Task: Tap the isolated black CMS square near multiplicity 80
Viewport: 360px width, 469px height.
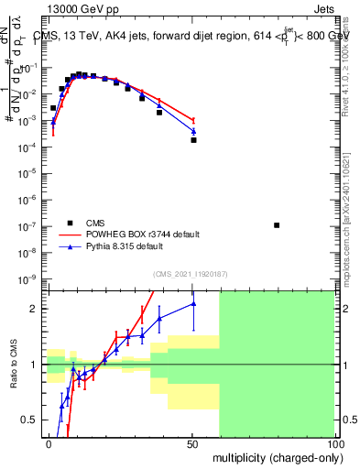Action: (x=278, y=225)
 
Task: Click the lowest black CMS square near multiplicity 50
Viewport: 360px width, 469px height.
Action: (x=193, y=140)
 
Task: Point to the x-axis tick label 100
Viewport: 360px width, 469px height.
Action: (x=334, y=443)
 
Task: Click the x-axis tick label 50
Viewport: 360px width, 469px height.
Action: (x=191, y=443)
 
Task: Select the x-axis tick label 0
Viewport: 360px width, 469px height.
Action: (x=49, y=443)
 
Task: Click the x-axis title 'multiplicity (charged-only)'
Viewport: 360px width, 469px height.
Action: (x=275, y=457)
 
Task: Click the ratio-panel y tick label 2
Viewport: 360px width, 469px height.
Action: (x=37, y=309)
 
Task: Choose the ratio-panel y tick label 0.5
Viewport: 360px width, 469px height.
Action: (x=32, y=420)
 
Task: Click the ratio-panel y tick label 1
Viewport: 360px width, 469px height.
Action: (x=37, y=365)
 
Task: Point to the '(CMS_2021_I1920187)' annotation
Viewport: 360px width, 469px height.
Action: (x=190, y=273)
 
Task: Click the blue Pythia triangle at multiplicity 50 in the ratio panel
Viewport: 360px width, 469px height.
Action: (x=193, y=304)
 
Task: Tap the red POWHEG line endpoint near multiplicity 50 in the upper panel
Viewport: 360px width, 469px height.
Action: (x=193, y=120)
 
